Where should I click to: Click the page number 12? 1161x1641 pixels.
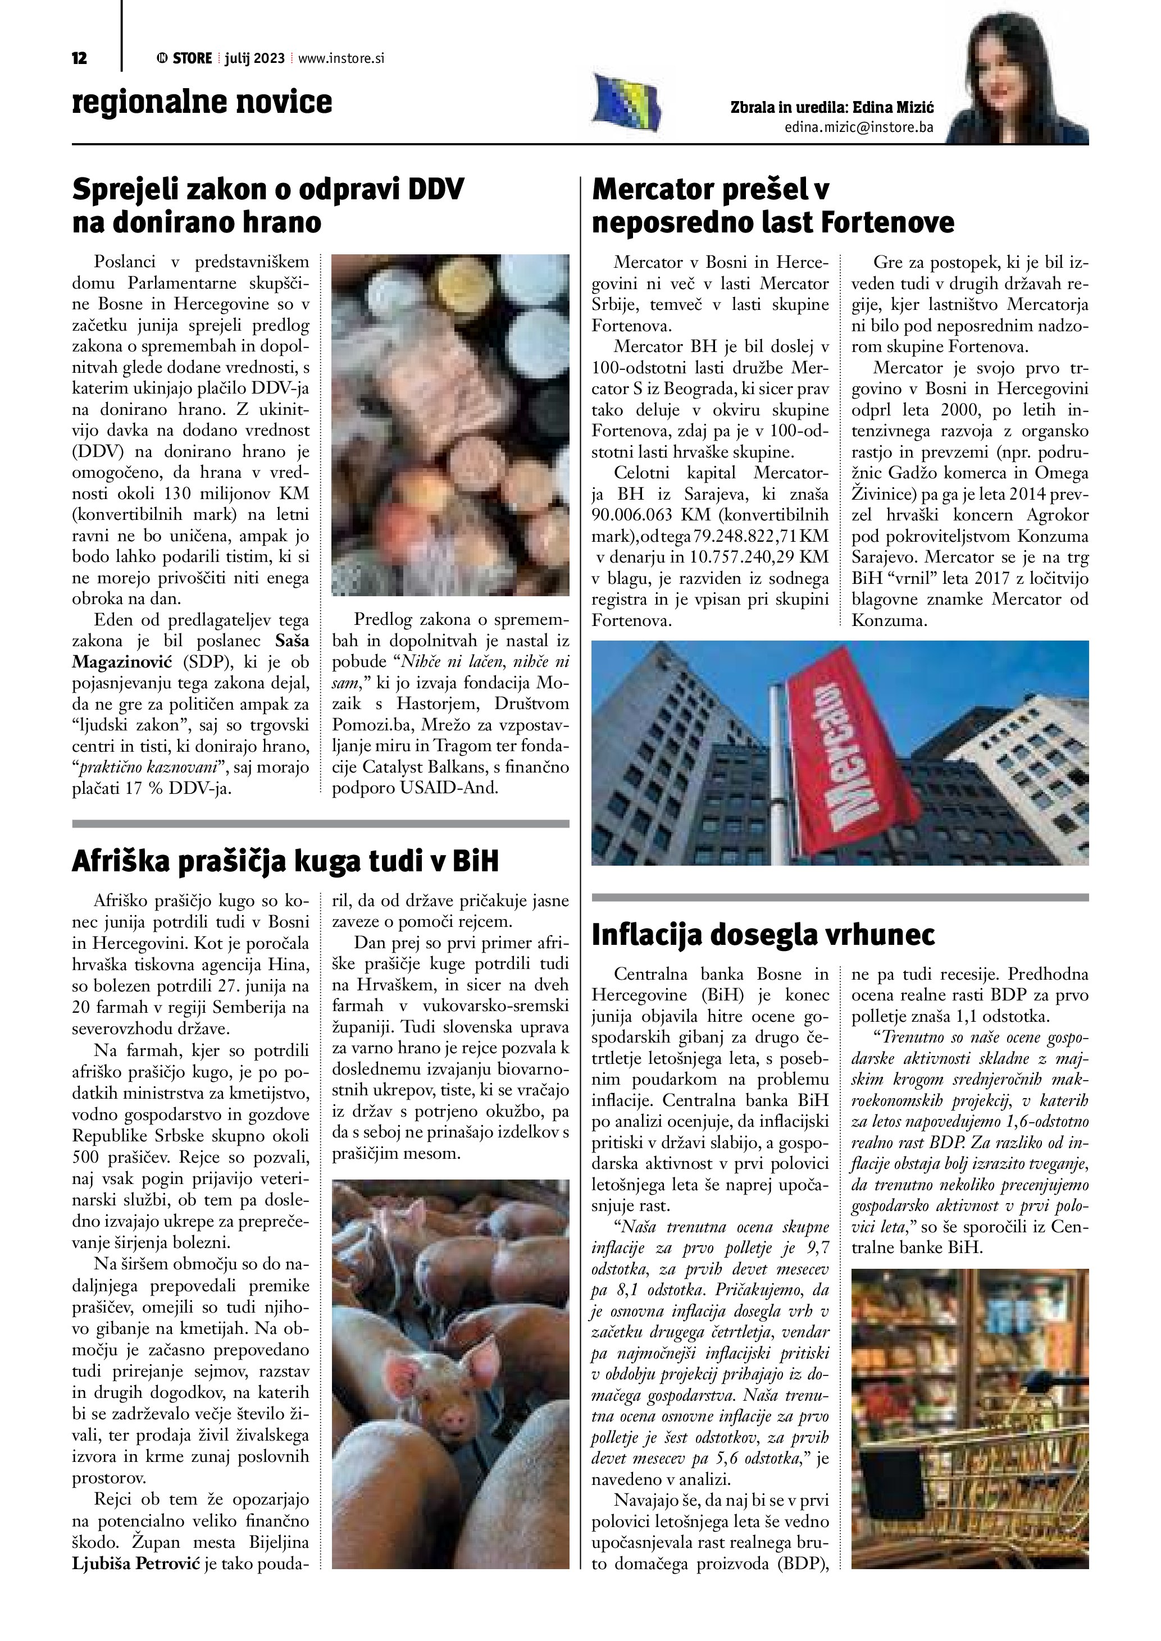click(79, 58)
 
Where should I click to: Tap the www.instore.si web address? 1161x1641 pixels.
click(341, 58)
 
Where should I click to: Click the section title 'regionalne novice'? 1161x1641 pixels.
click(202, 102)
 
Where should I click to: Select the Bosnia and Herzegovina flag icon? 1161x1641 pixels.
click(627, 104)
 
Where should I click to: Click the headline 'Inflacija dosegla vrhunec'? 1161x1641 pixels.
click(763, 935)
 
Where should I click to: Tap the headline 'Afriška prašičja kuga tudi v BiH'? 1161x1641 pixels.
click(285, 861)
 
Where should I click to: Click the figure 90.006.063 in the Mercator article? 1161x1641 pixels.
click(636, 515)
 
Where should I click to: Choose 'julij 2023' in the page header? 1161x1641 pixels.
click(254, 58)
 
